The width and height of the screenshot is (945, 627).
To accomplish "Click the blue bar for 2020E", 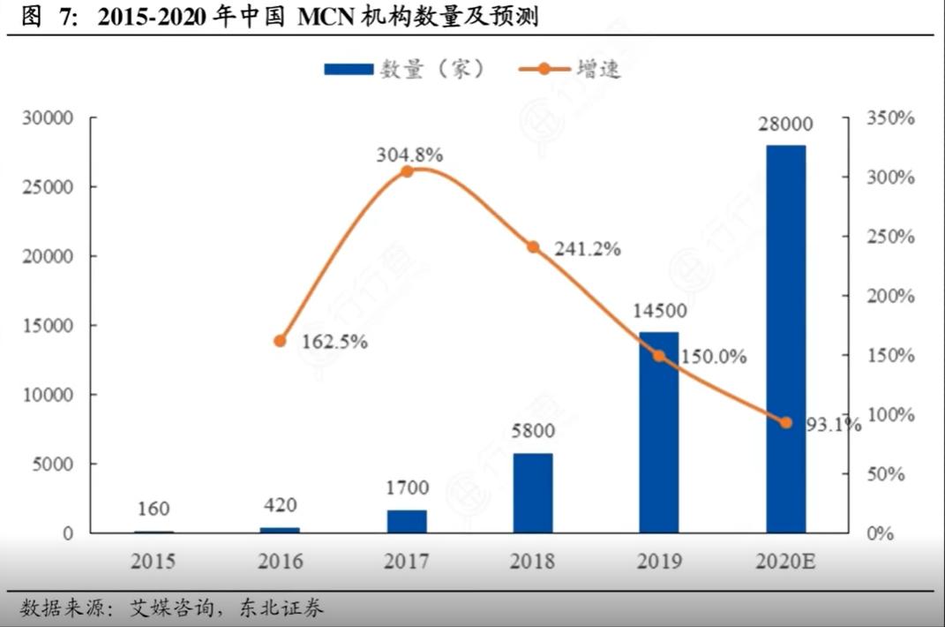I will coord(785,338).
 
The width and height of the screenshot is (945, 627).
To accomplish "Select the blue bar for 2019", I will coord(659,432).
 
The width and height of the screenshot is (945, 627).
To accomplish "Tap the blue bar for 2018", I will coord(533,493).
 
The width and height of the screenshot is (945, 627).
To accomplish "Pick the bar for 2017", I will coord(407,521).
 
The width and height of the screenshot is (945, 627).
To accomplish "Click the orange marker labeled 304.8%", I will coord(407,171).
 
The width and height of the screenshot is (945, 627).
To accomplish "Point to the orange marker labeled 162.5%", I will coord(281,341).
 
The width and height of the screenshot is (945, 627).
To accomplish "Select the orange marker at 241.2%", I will coord(533,247).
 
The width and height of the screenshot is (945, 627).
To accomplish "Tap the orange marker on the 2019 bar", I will coord(659,356).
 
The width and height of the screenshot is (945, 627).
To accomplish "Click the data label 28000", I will coord(785,125).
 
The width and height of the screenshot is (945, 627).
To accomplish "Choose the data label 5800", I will coord(533,432).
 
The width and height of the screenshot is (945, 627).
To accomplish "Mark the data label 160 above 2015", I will coord(154,509).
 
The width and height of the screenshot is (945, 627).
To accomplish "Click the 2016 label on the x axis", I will coord(281,562).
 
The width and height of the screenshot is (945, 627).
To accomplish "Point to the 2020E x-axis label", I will coord(785,562).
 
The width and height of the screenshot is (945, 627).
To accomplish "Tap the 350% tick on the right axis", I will coord(889,117).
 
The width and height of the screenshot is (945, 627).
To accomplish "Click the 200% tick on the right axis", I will coord(889,296).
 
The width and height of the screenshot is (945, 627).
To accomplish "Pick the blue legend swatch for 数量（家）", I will coord(349,69).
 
